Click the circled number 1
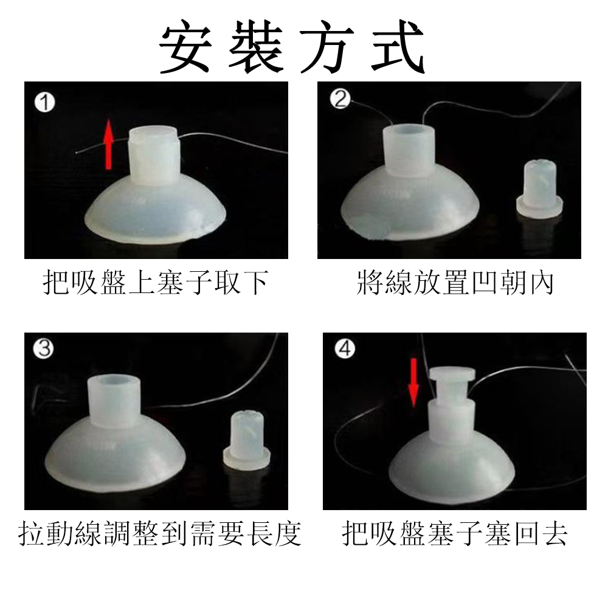tap(44, 103)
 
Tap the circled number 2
tap(340, 98)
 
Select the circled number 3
tap(43, 348)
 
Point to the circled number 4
tap(345, 348)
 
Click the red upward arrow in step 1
tap(109, 144)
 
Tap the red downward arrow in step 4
tap(413, 382)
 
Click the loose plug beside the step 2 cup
tap(540, 188)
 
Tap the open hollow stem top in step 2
tap(409, 131)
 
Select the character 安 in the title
tap(186, 47)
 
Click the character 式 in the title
tap(398, 47)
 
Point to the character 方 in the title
tap(328, 47)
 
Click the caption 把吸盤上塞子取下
tap(156, 283)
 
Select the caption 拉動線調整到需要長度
tap(160, 534)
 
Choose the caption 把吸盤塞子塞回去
tap(455, 534)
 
